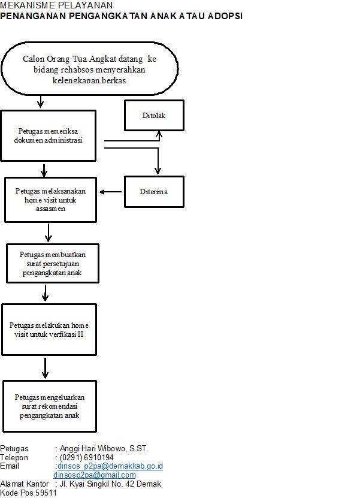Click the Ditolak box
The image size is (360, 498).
[x=154, y=115]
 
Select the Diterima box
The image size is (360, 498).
[x=154, y=192]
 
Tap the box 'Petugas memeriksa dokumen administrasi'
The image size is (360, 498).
[x=49, y=135]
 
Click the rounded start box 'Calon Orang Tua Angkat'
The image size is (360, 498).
[x=89, y=68]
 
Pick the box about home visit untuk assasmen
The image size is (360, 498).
[x=50, y=200]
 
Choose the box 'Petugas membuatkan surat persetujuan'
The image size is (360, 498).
[x=53, y=263]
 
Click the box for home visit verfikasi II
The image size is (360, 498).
[x=49, y=330]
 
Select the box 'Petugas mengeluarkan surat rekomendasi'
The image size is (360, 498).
[x=50, y=406]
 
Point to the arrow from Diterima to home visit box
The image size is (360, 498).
[x=110, y=192]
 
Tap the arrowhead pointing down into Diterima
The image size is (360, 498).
[x=158, y=171]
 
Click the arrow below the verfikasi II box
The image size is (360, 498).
[x=46, y=368]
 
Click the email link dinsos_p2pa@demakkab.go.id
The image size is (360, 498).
[x=110, y=466]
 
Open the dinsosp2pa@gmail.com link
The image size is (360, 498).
[x=95, y=475]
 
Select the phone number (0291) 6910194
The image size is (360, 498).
[x=87, y=457]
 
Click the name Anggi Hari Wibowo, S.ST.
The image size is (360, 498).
[x=104, y=448]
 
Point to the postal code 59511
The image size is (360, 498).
[x=46, y=493]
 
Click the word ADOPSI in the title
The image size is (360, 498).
[x=225, y=16]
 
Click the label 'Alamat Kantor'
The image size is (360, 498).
[x=25, y=484]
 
